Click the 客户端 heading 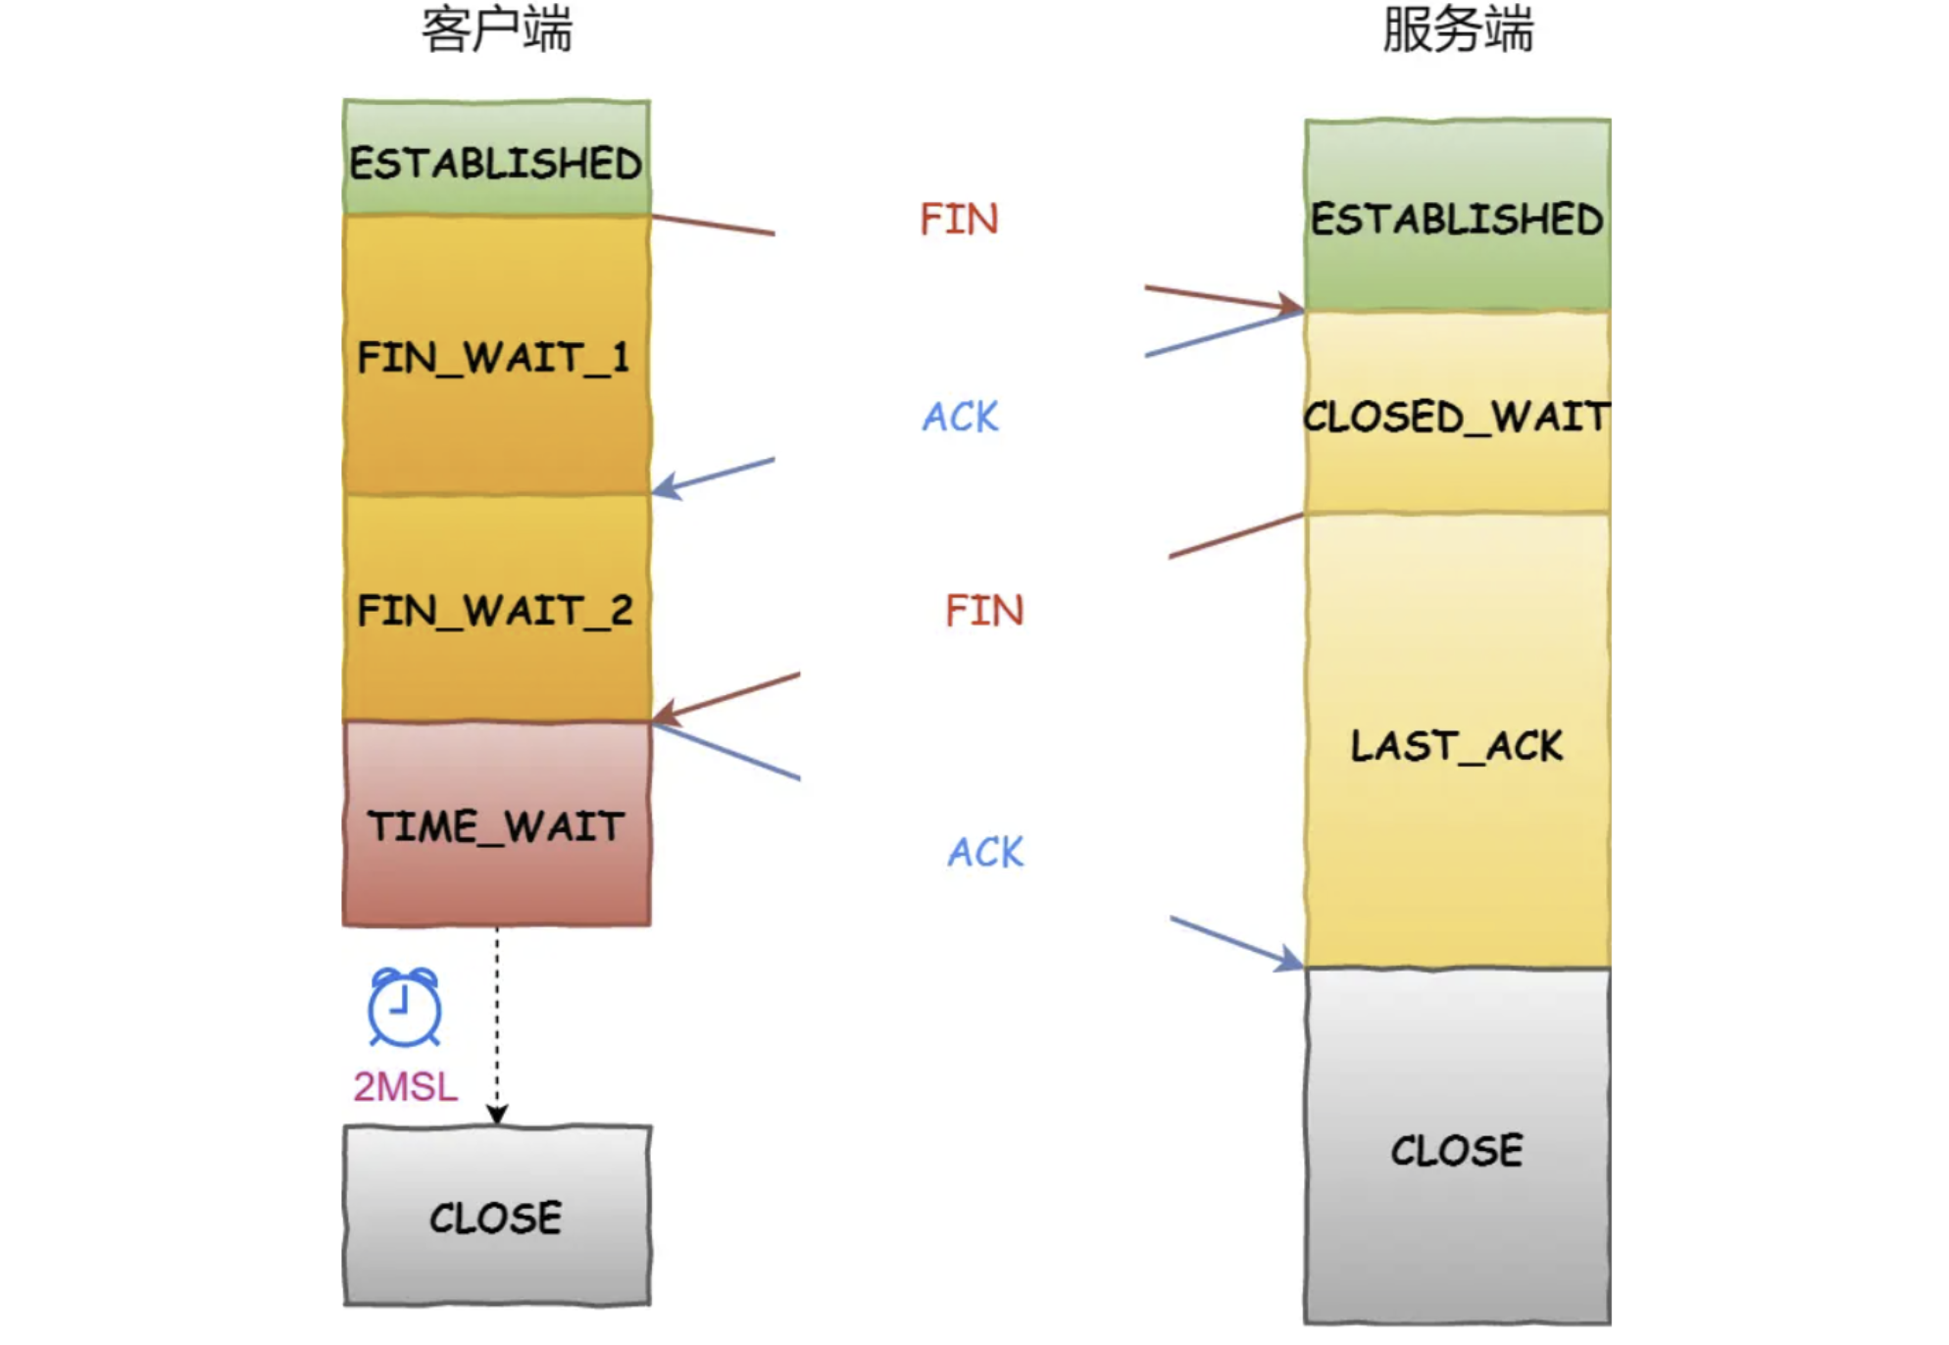[x=497, y=29]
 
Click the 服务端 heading [x=1458, y=29]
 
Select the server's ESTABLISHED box [x=1457, y=217]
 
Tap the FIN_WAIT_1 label [x=493, y=358]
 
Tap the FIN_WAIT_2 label [x=495, y=611]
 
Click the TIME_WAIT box [x=496, y=825]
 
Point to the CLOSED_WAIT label [x=1457, y=417]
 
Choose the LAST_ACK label [x=1457, y=746]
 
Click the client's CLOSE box [x=496, y=1218]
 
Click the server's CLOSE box [x=1457, y=1149]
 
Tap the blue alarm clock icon [x=404, y=1007]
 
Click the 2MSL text [x=405, y=1086]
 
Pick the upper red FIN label [x=959, y=219]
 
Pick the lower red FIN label [x=984, y=611]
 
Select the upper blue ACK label [x=960, y=417]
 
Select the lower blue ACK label [x=985, y=852]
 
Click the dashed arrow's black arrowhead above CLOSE [x=497, y=1115]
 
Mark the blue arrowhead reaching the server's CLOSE [x=1289, y=960]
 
